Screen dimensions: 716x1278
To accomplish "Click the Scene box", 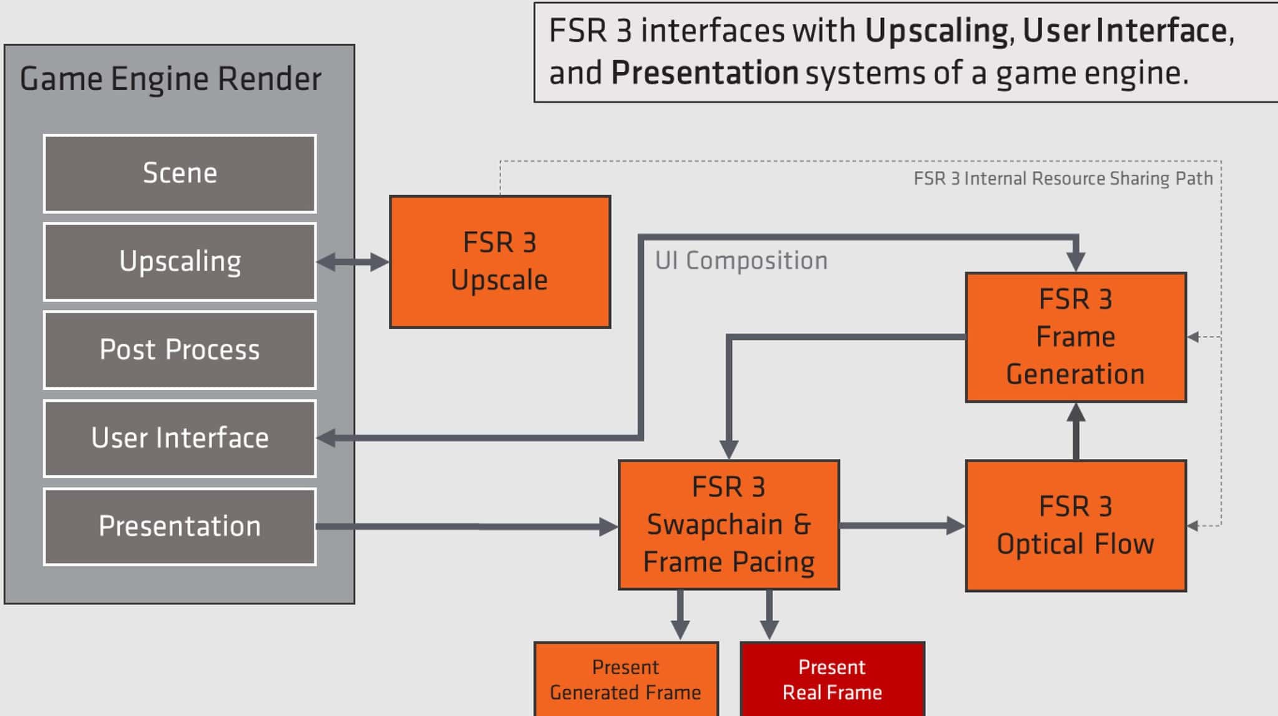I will pos(180,173).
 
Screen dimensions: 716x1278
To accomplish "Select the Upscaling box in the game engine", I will pos(180,262).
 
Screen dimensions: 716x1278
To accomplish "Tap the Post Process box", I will pos(180,350).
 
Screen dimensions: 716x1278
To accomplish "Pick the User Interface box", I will pos(180,438).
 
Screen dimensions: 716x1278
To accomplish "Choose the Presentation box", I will pos(180,527).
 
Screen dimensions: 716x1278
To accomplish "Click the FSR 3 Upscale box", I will pos(500,262).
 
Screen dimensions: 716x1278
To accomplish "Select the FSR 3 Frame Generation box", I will pos(1076,337).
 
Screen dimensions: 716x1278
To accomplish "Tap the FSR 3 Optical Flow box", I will pos(1076,526).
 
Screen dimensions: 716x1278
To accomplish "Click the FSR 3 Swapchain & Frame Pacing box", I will pos(729,525).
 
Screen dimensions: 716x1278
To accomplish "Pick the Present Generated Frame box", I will pos(626,679).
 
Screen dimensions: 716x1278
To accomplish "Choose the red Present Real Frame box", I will pos(832,679).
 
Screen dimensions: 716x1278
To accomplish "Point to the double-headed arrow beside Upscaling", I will pos(353,262).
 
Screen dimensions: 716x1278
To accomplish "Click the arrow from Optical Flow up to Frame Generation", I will pos(1076,432).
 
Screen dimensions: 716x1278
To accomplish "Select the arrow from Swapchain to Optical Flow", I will pos(902,526).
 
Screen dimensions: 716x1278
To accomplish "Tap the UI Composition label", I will pos(741,261).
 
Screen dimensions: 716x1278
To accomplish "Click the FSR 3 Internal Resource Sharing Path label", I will pos(1063,178).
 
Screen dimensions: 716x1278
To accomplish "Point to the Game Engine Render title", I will pos(170,79).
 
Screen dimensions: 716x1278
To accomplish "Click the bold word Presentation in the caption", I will pos(705,73).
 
